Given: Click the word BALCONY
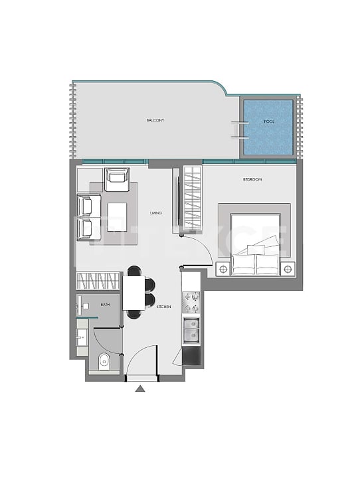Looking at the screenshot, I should point(155,121).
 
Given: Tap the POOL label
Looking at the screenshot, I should point(268,122).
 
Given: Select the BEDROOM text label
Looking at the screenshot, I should point(252,180).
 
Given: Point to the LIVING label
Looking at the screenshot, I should point(156,212).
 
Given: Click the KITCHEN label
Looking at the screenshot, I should point(164,307).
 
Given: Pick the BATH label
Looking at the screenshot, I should point(105,304).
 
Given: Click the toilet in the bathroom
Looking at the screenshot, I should point(105,362).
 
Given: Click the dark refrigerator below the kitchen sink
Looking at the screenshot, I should point(191,357).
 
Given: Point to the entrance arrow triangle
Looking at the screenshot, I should point(140,388).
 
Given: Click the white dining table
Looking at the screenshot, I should point(134,293).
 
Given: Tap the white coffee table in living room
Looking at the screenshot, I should point(118,216).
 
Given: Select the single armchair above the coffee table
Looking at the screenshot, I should point(117,177).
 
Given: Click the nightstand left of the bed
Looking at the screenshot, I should point(223,269).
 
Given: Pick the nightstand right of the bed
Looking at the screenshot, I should point(288,269).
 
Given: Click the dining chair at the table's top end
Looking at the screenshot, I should point(134,270).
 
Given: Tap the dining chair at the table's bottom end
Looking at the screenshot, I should point(134,314).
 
